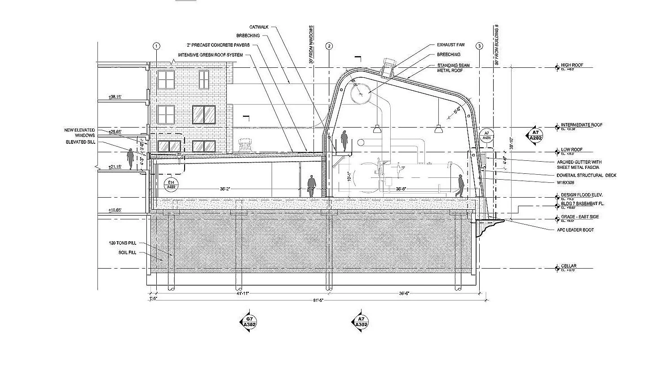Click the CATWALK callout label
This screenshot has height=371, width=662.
(x=259, y=27)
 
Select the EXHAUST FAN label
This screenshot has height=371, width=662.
(x=450, y=45)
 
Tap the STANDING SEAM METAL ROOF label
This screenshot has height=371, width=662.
(x=453, y=68)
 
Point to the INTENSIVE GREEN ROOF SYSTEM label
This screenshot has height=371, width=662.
(x=210, y=55)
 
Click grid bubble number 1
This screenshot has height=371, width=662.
(x=156, y=46)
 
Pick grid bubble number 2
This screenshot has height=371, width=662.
(x=329, y=46)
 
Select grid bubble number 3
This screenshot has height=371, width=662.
(x=480, y=46)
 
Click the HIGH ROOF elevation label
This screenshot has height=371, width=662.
(x=572, y=65)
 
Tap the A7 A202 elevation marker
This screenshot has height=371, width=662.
(x=535, y=135)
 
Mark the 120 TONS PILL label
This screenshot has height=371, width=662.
(x=122, y=243)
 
